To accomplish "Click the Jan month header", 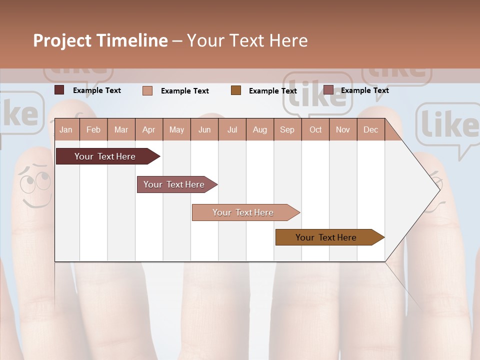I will tap(66, 129).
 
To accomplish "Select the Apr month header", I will tap(148, 129).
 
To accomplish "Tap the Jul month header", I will tap(232, 129).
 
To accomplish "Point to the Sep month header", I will tap(287, 129).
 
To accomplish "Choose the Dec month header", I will tap(370, 129).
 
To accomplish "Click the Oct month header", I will tap(315, 129).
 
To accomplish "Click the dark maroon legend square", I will tap(59, 90).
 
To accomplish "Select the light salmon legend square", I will tap(147, 90).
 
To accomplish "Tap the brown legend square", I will tap(236, 90).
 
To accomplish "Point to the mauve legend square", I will tap(328, 90).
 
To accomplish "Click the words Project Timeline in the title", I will tap(100, 40).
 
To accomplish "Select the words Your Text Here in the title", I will tap(247, 40).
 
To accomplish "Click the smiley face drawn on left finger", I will tap(35, 187).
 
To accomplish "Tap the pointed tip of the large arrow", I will tap(440, 189).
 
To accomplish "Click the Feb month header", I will tap(93, 129).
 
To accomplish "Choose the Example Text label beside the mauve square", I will tap(364, 90).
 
